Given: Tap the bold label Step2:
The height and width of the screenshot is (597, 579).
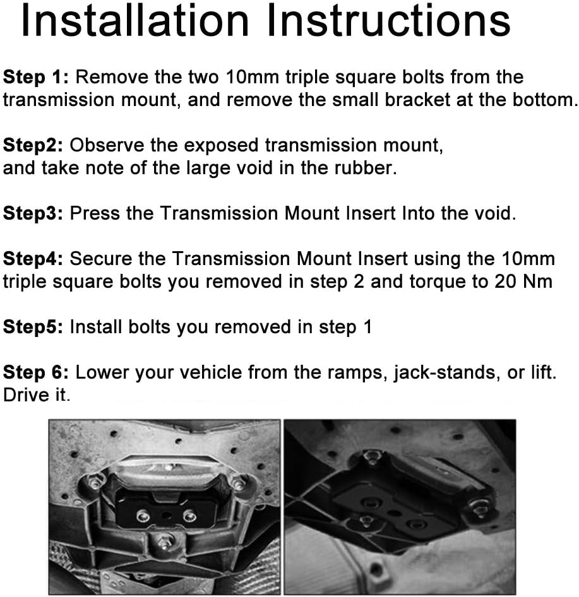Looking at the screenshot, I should [x=33, y=146].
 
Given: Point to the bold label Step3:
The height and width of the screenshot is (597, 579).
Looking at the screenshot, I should [x=33, y=214].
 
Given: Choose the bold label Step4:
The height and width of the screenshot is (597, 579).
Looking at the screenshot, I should [x=33, y=259].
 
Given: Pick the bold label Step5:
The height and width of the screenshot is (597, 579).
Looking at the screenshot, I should [x=33, y=327].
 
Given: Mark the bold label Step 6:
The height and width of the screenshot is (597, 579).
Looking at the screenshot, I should [x=36, y=372].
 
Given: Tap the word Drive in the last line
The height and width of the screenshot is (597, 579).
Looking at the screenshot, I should [x=26, y=395].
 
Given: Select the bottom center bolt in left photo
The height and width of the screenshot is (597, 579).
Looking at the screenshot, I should [x=165, y=540].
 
